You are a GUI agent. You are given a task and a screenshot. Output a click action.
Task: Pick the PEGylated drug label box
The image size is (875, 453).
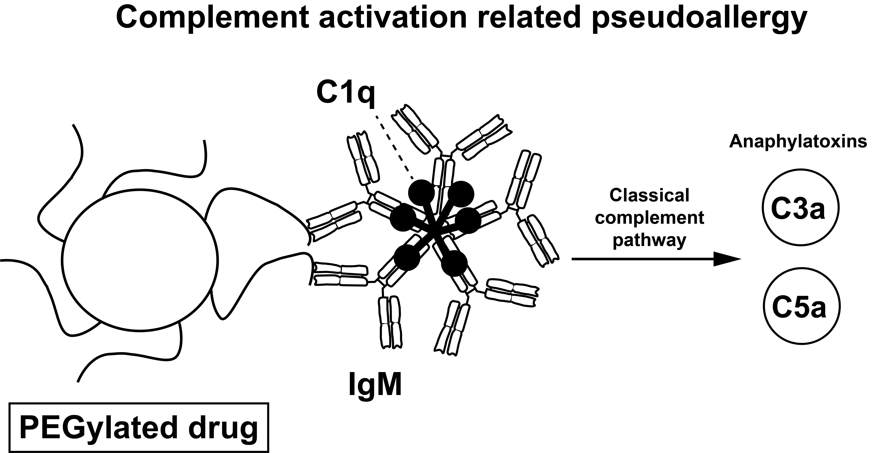coord(139,428)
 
